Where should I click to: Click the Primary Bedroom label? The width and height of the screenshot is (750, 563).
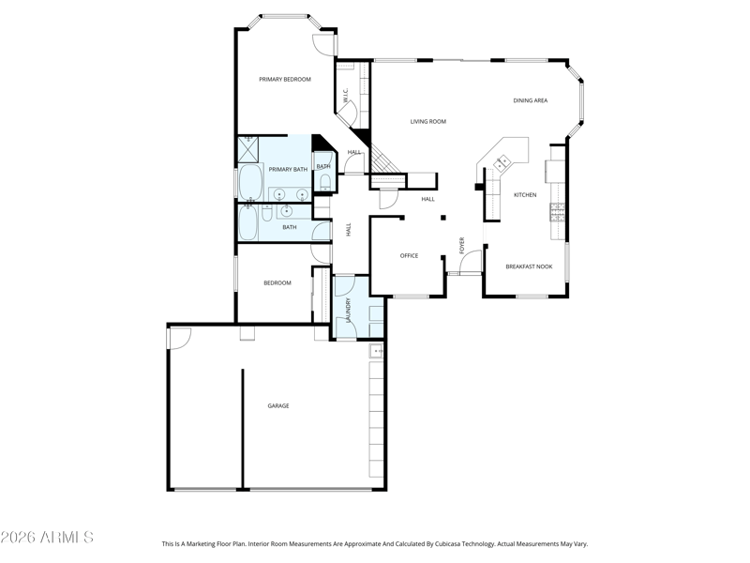pos(285,80)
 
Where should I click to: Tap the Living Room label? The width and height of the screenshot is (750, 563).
pos(428,122)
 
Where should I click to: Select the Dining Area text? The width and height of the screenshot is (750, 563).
pos(530,100)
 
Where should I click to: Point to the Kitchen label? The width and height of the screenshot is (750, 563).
pos(525,195)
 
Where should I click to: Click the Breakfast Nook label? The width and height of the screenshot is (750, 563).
pos(529,266)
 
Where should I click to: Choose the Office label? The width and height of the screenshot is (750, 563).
pos(409,255)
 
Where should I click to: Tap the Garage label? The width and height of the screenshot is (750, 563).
pos(277,406)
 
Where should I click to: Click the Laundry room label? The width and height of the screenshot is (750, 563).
pos(348,310)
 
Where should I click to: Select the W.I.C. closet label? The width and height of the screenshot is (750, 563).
pos(345,95)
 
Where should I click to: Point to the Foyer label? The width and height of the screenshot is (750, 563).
pos(461,245)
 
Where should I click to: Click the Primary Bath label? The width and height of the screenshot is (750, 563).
pos(288,170)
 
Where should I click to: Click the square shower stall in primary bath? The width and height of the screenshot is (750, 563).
pos(248,149)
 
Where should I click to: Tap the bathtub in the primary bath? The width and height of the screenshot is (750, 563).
pos(250,182)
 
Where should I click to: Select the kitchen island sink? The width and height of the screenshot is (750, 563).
pos(502,163)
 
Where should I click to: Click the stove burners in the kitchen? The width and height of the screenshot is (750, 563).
pos(558,213)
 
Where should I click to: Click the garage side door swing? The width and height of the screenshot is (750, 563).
pos(180,338)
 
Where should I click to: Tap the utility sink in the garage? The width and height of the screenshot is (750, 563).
pos(377,351)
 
